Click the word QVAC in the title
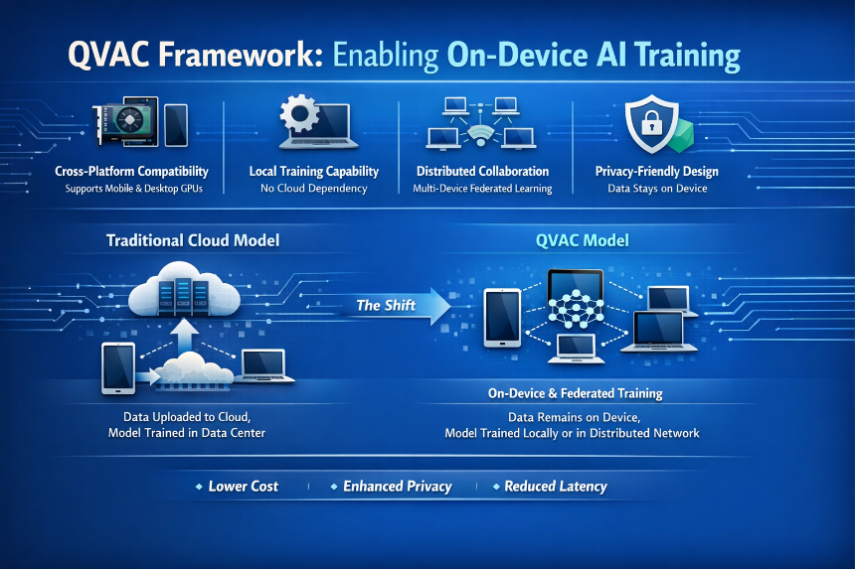coord(108,55)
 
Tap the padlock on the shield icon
coord(651,122)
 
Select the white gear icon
coord(299,113)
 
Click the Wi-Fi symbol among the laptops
coord(480,136)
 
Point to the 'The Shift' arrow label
coord(386,306)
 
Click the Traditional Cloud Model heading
coord(193,240)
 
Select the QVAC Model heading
coord(583,240)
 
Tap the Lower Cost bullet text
coord(244,487)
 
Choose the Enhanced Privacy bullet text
coord(398,487)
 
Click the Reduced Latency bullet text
coord(556,487)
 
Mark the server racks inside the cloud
coord(183,297)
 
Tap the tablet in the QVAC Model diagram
coord(503,318)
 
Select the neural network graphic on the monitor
coord(576,308)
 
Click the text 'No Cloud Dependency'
coord(313,189)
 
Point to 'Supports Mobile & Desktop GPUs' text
coord(133,189)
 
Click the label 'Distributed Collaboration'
coord(482,171)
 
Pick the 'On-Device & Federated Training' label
coord(576,393)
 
